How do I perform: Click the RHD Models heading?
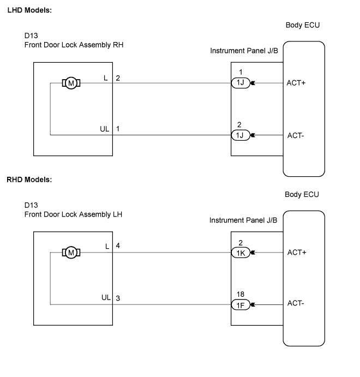pyautogui.click(x=29, y=179)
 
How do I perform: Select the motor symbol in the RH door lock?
pyautogui.click(x=71, y=83)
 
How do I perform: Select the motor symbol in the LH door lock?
pyautogui.click(x=71, y=252)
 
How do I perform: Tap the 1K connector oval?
pyautogui.click(x=241, y=253)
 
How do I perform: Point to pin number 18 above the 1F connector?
pyautogui.click(x=240, y=294)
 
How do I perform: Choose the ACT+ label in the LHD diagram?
pyautogui.click(x=296, y=83)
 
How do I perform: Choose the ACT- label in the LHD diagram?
pyautogui.click(x=296, y=135)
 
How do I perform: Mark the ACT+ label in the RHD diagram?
pyautogui.click(x=296, y=253)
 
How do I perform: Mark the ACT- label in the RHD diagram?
pyautogui.click(x=296, y=304)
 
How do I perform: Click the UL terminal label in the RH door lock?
pyautogui.click(x=105, y=129)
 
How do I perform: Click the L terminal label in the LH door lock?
pyautogui.click(x=107, y=246)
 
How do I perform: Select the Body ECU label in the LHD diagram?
pyautogui.click(x=302, y=26)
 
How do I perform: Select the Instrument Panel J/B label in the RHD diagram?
pyautogui.click(x=243, y=220)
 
